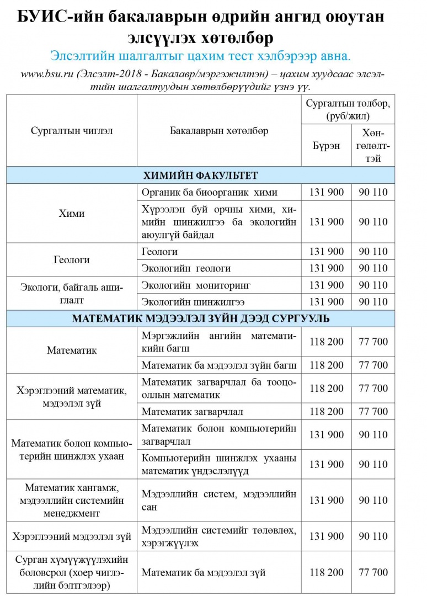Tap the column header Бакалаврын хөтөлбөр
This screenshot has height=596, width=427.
(219, 131)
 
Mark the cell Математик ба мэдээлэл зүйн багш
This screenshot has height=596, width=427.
(219, 365)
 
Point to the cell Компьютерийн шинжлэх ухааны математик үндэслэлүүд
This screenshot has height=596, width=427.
(219, 464)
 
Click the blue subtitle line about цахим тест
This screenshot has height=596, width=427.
(200, 56)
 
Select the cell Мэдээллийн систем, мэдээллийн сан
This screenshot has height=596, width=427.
(219, 500)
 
